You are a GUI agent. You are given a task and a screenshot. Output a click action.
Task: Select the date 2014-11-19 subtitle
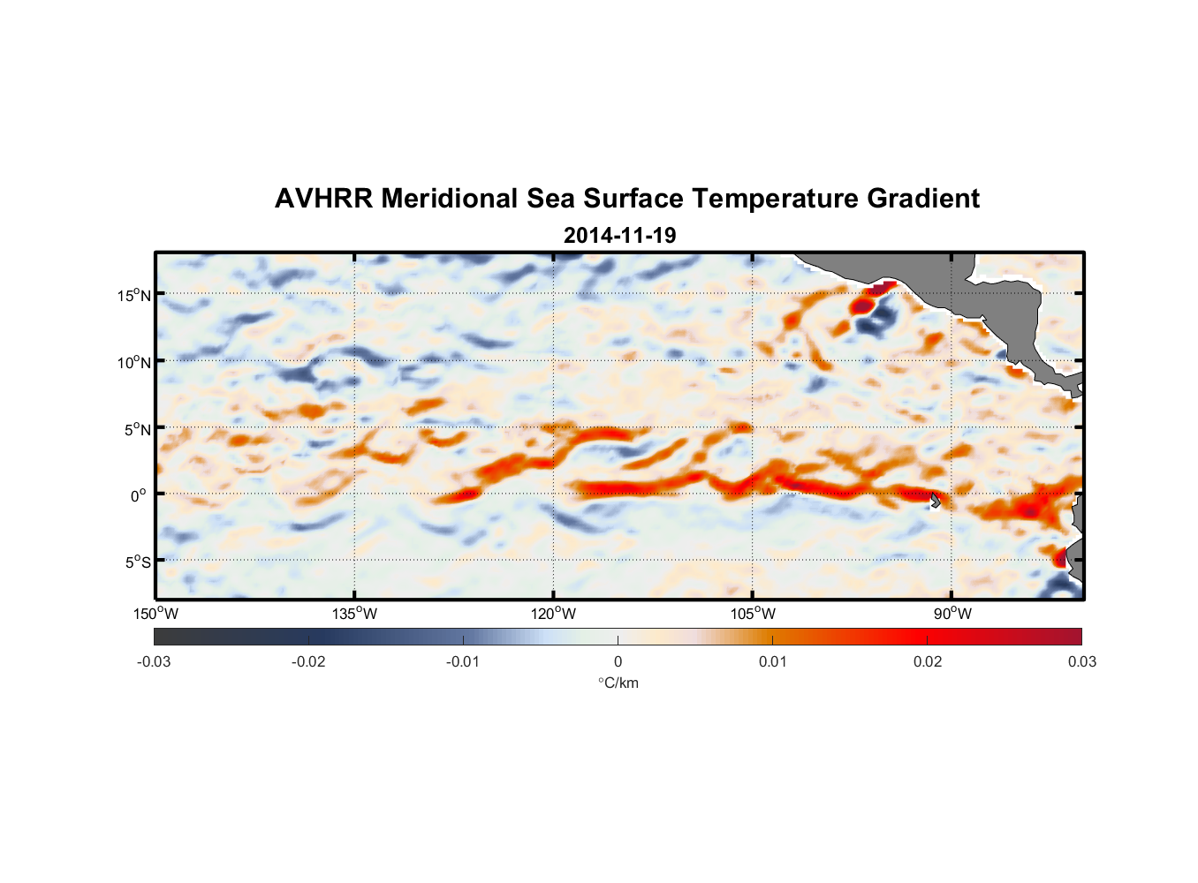point(619,235)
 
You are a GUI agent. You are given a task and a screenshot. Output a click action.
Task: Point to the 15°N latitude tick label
point(134,295)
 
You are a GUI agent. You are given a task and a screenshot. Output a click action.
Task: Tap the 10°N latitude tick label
point(134,362)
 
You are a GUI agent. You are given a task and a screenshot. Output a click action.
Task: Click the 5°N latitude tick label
point(137,429)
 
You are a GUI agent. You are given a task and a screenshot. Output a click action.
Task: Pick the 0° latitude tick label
point(139,495)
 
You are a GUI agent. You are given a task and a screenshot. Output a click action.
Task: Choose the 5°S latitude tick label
point(137,562)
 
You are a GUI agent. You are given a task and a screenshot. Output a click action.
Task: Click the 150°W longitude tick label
point(155,614)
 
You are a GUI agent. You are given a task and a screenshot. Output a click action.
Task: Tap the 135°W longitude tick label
point(354,614)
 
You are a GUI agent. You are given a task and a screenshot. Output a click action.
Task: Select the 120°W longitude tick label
point(554,614)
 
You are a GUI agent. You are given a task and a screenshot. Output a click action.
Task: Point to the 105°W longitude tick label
point(753,614)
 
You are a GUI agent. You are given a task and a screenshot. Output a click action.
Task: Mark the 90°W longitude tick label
point(952,614)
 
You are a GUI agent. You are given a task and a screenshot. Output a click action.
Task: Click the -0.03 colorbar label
point(154,661)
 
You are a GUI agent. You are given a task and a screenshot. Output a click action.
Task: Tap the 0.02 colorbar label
point(928,661)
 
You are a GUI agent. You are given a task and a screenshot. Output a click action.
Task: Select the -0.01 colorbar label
point(463,661)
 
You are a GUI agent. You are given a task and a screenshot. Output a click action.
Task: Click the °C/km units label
point(618,683)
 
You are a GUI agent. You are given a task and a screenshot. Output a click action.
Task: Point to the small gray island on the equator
point(936,500)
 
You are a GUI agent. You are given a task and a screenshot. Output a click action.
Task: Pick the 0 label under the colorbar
point(618,661)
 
